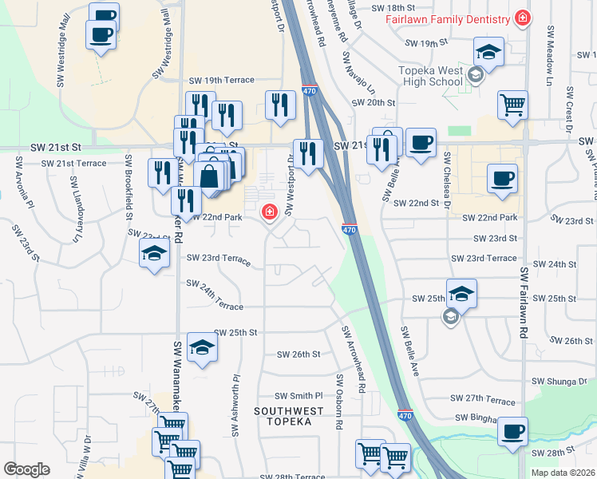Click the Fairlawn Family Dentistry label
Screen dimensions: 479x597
447,18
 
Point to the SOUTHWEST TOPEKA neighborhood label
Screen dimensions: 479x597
289,416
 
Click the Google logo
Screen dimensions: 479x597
26,469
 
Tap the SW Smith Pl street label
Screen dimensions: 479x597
298,395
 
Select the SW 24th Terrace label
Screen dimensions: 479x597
214,295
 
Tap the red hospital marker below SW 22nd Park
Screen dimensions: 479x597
270,212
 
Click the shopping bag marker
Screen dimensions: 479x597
209,176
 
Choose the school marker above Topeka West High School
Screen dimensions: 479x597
488,53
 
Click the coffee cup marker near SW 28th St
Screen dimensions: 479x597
512,432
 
